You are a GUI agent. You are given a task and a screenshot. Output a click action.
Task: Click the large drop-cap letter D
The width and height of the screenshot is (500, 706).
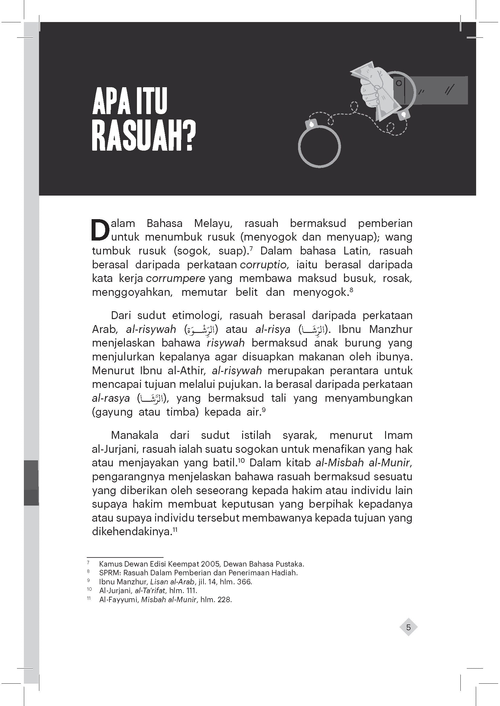coord(100,230)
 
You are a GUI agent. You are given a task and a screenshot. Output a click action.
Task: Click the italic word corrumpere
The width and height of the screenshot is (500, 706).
coord(176,279)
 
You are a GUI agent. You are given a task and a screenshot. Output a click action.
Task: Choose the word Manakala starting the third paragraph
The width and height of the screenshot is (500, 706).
coord(135,436)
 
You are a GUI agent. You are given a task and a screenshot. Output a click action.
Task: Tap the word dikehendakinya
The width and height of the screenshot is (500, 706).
coord(131,532)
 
